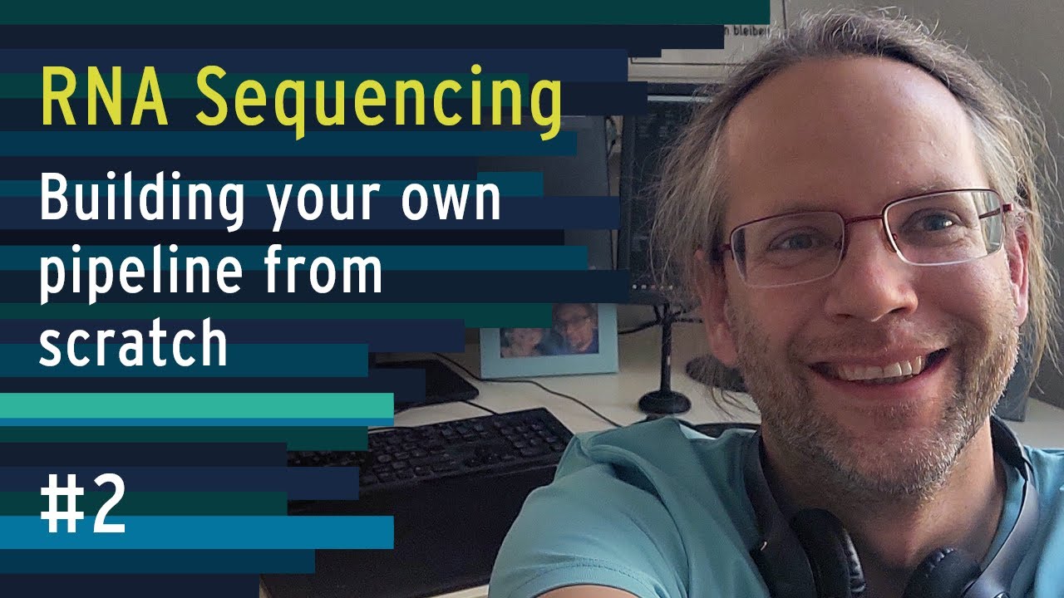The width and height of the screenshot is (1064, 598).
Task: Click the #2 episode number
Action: coord(82,506)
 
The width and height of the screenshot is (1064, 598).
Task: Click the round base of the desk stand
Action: coord(664,402)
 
